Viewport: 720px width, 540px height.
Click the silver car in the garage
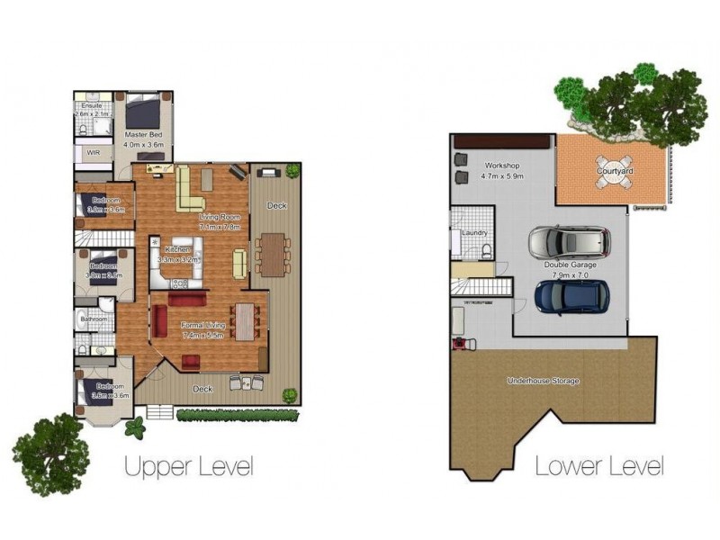pyautogui.click(x=569, y=242)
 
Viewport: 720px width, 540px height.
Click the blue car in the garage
pyautogui.click(x=571, y=295)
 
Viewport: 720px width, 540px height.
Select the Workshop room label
pyautogui.click(x=502, y=166)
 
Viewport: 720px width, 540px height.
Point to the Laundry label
pyautogui.click(x=473, y=233)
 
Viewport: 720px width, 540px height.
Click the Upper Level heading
pyautogui.click(x=188, y=466)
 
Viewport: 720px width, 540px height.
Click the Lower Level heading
pyautogui.click(x=599, y=466)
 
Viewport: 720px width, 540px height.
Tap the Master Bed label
pyautogui.click(x=143, y=135)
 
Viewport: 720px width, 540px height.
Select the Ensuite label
pyautogui.click(x=91, y=106)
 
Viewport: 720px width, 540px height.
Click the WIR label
pyautogui.click(x=94, y=153)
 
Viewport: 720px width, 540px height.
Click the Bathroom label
pyautogui.click(x=94, y=319)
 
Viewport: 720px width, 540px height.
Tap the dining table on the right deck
pyautogui.click(x=272, y=253)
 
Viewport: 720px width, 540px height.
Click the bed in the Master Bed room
pyautogui.click(x=142, y=112)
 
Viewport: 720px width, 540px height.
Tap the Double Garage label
pyautogui.click(x=571, y=265)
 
